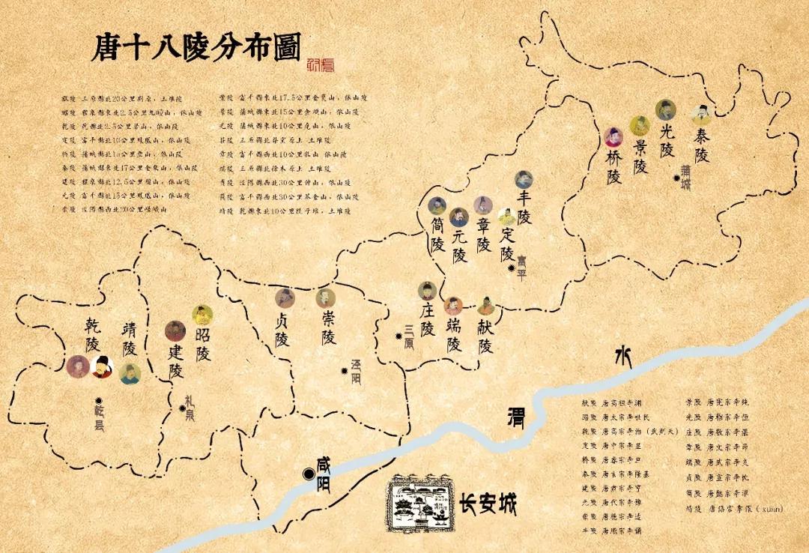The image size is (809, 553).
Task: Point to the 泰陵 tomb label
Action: coord(701,145)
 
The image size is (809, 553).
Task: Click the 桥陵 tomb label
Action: coord(613,167)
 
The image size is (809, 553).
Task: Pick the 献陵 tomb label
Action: coord(485,335)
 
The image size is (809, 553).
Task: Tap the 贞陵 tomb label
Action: coord(282,329)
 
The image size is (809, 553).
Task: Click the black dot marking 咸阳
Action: coord(308,474)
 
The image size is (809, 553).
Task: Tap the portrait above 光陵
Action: coord(665,110)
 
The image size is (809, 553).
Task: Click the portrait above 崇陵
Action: coord(324,298)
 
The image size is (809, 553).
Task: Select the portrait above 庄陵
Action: coord(427,291)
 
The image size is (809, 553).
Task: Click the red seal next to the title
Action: coord(321,65)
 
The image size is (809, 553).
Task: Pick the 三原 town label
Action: coord(409,336)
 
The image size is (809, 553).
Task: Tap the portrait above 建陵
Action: coord(175,330)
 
